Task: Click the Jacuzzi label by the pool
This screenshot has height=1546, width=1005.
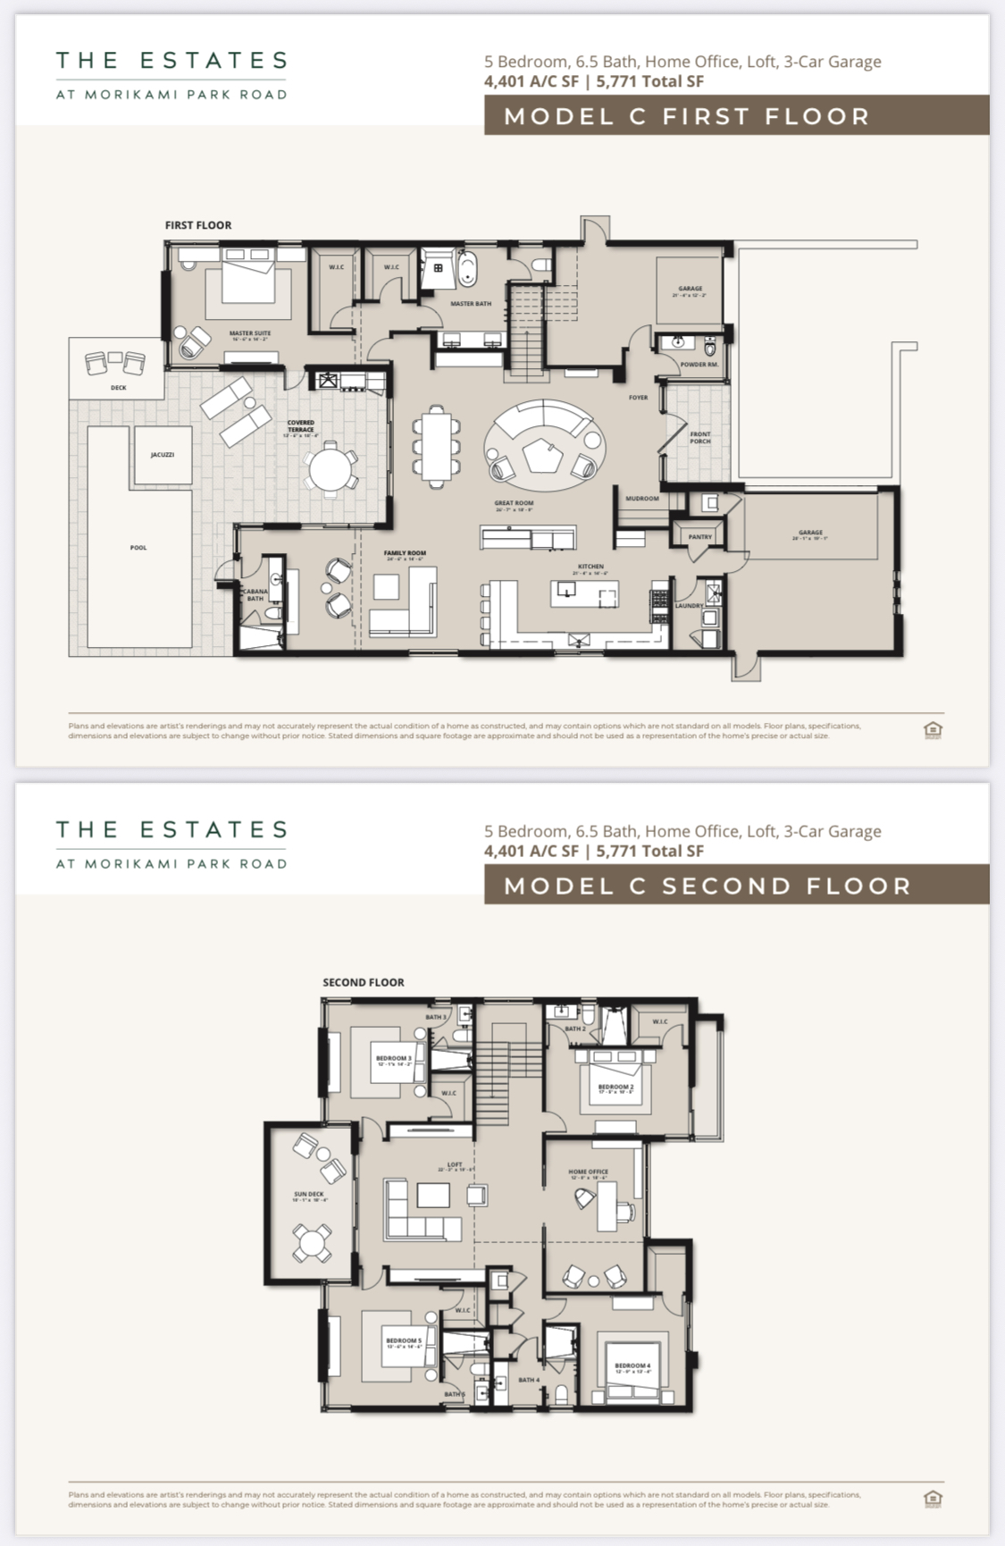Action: [x=163, y=455]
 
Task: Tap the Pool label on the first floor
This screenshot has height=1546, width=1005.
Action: [x=138, y=548]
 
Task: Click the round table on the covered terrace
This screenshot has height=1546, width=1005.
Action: [x=331, y=468]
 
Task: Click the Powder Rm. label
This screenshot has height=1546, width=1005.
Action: [x=699, y=365]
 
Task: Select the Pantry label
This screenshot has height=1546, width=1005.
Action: [x=699, y=537]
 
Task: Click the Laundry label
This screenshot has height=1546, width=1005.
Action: [x=689, y=606]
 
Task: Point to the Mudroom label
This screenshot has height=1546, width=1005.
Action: [x=641, y=499]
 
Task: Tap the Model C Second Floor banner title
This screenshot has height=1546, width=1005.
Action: [x=707, y=886]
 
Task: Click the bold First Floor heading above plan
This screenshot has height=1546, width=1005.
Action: [x=198, y=225]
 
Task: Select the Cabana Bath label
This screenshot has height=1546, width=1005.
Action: [x=255, y=594]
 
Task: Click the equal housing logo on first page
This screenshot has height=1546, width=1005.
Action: [x=933, y=730]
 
